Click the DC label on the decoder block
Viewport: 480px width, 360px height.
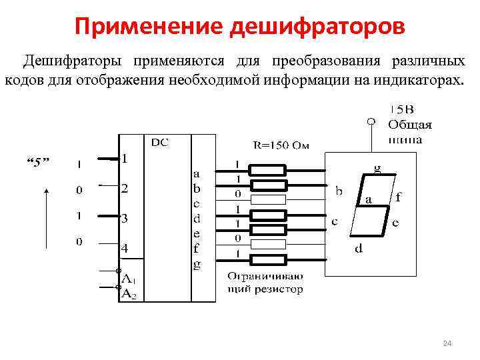[160, 142]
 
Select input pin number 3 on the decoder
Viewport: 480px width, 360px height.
[124, 218]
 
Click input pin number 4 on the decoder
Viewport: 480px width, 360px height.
[124, 248]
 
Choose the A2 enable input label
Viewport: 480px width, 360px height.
[128, 292]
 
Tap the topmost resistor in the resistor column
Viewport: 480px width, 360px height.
[267, 169]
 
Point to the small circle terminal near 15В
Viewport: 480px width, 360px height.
[371, 122]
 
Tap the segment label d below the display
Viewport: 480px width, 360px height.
[359, 249]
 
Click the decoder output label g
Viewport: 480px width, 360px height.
[196, 264]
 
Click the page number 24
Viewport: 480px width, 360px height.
[447, 343]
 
